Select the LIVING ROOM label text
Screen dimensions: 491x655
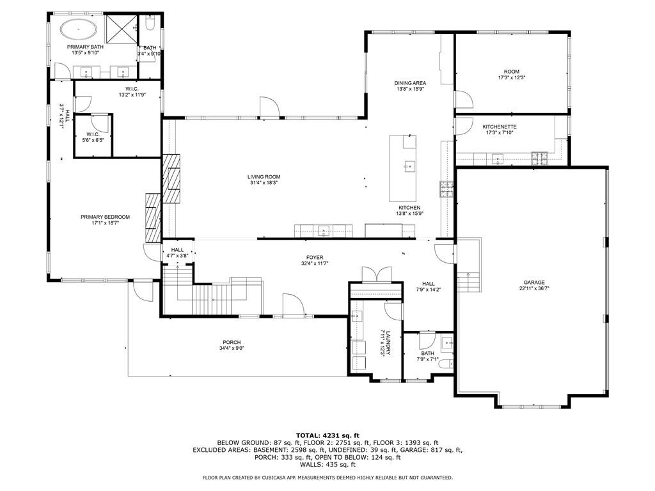(x=264, y=177)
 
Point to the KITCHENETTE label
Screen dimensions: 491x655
(x=499, y=127)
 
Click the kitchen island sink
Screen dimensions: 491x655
(x=407, y=166)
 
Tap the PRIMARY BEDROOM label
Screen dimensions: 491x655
(x=105, y=217)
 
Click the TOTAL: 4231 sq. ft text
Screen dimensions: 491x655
(x=327, y=435)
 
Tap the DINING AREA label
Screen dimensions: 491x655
(x=409, y=83)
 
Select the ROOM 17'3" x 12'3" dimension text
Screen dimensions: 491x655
(x=511, y=78)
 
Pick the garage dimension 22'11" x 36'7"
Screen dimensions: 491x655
(x=533, y=289)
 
